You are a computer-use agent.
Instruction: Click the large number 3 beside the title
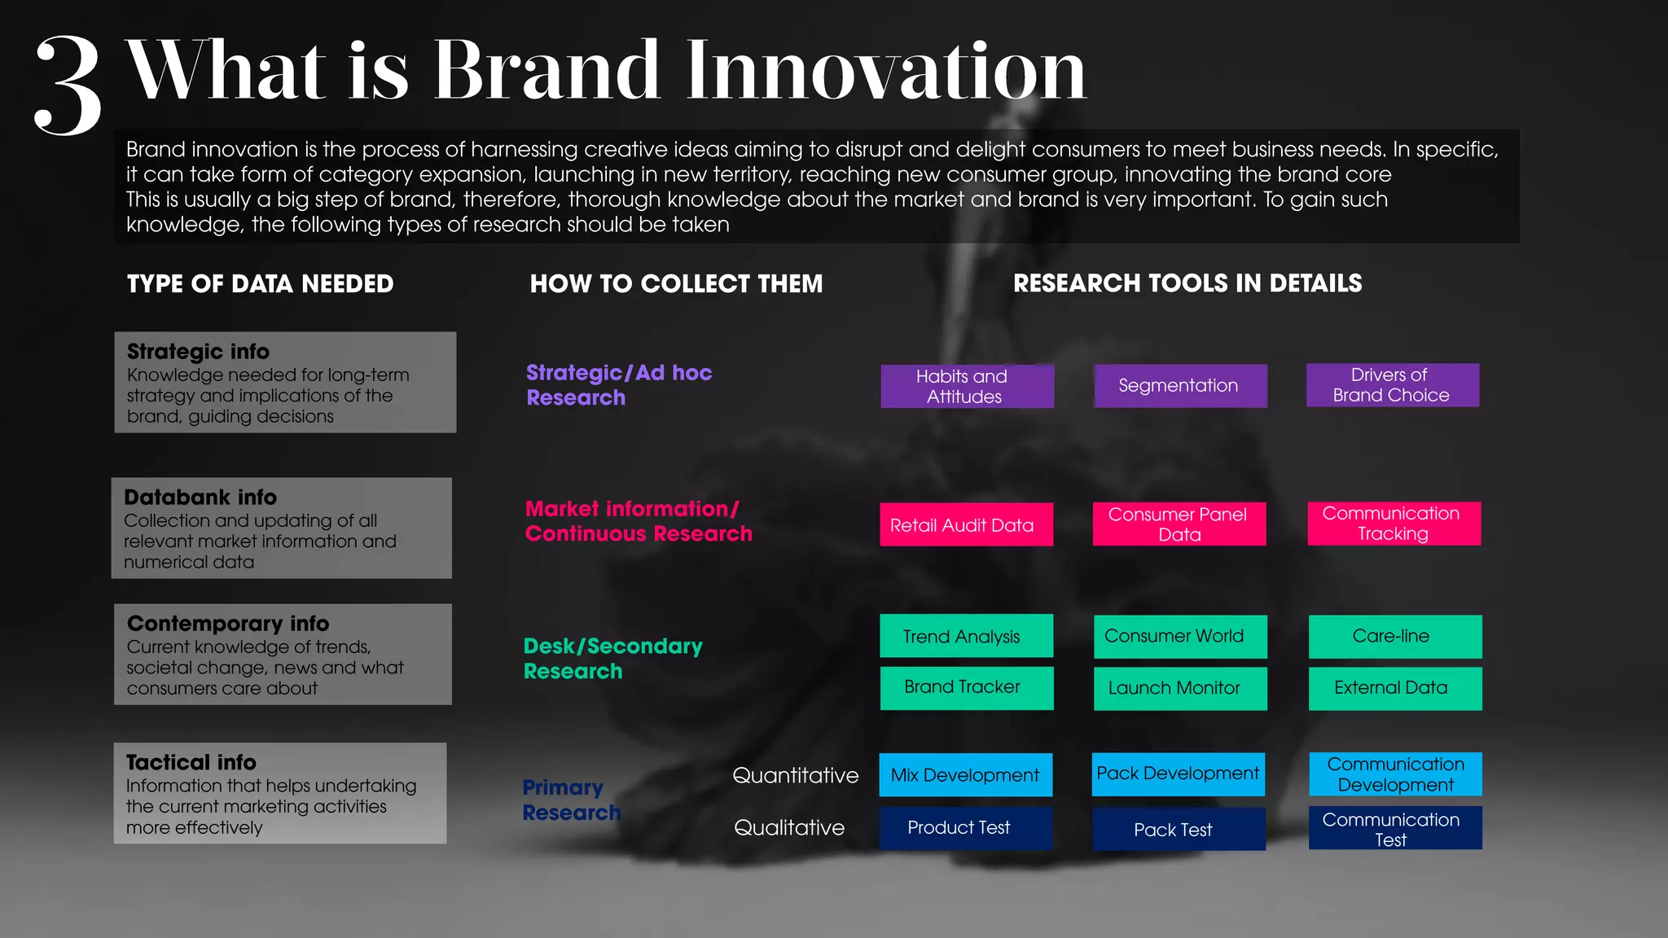69,85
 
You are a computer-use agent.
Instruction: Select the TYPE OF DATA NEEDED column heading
260,283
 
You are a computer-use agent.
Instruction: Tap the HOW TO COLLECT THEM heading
676,283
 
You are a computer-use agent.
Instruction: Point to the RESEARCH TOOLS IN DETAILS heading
1187,283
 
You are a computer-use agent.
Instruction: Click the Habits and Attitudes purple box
967,386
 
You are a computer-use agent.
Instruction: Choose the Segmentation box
1179,386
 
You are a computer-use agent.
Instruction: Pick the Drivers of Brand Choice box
1392,385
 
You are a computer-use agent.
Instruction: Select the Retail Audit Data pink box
965,525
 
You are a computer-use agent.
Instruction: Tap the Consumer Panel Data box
1179,524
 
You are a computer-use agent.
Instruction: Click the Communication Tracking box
1394,524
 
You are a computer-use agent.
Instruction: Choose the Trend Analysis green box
965,636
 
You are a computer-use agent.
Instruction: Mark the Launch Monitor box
1179,689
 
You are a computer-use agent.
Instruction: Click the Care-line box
1394,636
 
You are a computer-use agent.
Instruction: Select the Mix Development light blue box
965,775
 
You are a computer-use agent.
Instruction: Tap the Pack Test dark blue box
1178,830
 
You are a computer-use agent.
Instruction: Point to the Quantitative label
795,775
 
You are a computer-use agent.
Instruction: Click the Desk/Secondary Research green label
612,659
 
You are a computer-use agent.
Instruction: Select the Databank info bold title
200,497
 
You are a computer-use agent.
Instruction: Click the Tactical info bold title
191,762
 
